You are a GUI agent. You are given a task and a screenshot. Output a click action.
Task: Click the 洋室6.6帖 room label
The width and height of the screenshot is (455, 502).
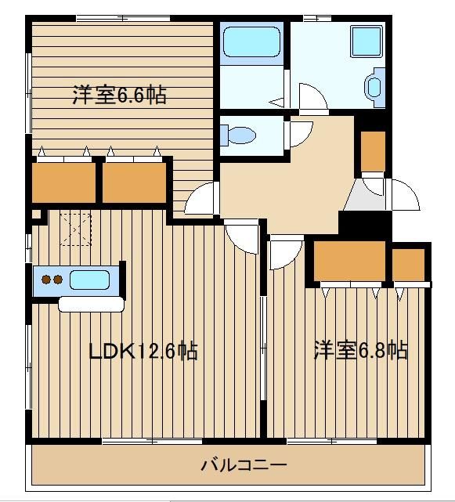(119, 95)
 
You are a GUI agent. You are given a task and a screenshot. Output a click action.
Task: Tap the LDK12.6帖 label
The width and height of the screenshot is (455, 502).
(143, 351)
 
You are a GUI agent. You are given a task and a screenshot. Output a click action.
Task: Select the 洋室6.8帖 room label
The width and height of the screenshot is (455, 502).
(361, 350)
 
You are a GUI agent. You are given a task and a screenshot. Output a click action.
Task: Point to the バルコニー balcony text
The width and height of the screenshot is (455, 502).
(244, 465)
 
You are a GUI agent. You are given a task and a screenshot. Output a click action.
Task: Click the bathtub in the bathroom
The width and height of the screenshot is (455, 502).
(251, 42)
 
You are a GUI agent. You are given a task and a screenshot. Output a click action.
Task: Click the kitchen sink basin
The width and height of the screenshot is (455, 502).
(89, 280)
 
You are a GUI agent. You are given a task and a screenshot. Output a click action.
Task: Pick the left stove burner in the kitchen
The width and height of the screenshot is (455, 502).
(46, 280)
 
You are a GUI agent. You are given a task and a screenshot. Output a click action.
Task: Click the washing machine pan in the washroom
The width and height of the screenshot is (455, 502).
(367, 42)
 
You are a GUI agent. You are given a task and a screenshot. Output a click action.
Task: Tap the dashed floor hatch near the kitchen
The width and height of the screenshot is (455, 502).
(75, 229)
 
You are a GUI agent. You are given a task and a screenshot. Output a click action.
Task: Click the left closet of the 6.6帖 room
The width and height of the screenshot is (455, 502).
(64, 182)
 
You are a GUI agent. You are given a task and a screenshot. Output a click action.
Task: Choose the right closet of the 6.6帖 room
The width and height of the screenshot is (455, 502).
(135, 182)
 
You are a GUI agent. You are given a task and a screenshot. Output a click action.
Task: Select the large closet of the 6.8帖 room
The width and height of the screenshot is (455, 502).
(349, 261)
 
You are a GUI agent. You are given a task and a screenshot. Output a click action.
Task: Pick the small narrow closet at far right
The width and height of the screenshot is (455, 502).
(409, 265)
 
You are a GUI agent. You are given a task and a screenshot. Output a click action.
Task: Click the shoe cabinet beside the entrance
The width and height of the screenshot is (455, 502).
(373, 151)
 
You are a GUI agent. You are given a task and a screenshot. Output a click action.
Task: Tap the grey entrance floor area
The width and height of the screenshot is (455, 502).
(365, 195)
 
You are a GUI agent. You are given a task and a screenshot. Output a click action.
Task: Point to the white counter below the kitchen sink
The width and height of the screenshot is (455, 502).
(92, 304)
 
